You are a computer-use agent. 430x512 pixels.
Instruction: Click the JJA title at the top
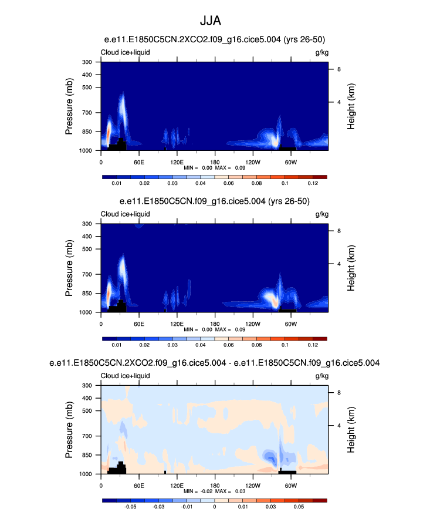coord(215,22)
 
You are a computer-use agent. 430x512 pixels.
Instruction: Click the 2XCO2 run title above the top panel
coord(214,39)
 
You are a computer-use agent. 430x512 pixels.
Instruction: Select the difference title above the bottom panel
coord(214,363)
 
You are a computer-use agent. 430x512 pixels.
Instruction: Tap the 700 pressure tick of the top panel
coord(90,113)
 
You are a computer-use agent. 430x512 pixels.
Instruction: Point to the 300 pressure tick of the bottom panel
coord(90,385)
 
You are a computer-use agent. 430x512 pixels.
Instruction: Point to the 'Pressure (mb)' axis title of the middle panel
coord(69,268)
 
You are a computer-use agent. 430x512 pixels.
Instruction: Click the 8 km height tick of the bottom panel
coord(338,392)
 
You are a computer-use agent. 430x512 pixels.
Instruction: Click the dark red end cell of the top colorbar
coord(320,176)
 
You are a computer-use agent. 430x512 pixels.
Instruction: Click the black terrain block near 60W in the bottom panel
coord(287,471)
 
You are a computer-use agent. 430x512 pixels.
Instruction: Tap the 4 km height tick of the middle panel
coord(338,264)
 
